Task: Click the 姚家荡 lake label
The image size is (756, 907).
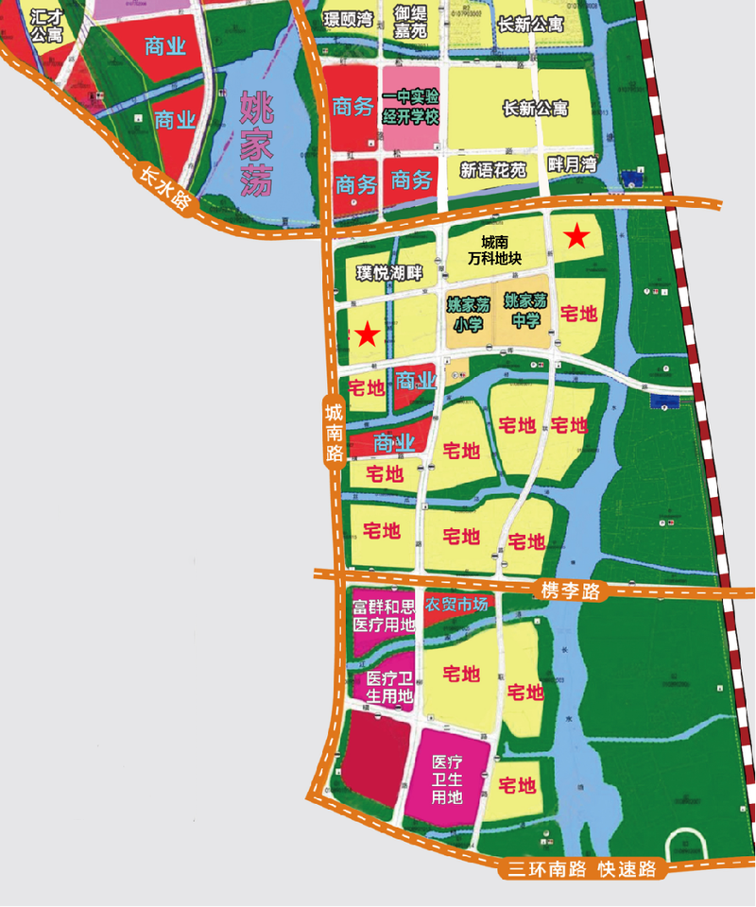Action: coord(255,144)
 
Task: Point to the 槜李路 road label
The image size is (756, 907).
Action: coord(571,592)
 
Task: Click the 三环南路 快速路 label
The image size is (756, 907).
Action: coord(581,869)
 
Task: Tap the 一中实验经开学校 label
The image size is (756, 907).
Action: coord(411,107)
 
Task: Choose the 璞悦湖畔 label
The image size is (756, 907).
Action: coord(388,274)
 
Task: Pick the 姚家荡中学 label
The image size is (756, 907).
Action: coord(525,311)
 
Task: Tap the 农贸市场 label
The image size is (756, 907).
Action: coord(457,605)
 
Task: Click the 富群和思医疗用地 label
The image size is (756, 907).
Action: coord(384,614)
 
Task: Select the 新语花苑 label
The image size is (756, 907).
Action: coord(492,171)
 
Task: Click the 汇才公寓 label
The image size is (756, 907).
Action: coord(45,26)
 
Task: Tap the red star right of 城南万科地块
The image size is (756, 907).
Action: coord(576,237)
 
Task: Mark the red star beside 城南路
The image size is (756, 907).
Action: coord(367,334)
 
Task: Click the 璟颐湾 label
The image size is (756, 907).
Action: coord(348,18)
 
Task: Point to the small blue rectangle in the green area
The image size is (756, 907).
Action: coord(664,402)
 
